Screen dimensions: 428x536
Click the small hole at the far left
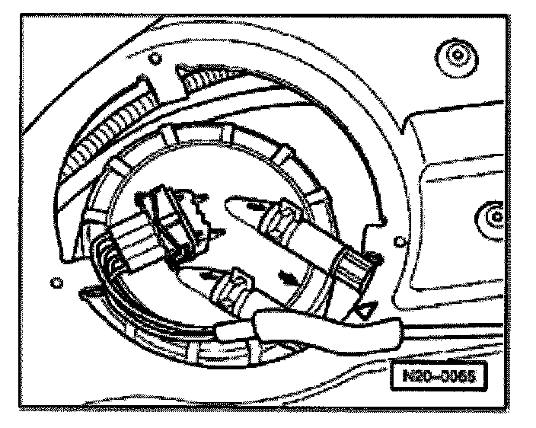(x=55, y=283)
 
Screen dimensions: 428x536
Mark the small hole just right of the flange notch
(x=399, y=243)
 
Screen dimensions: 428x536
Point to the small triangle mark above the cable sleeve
(x=365, y=308)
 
